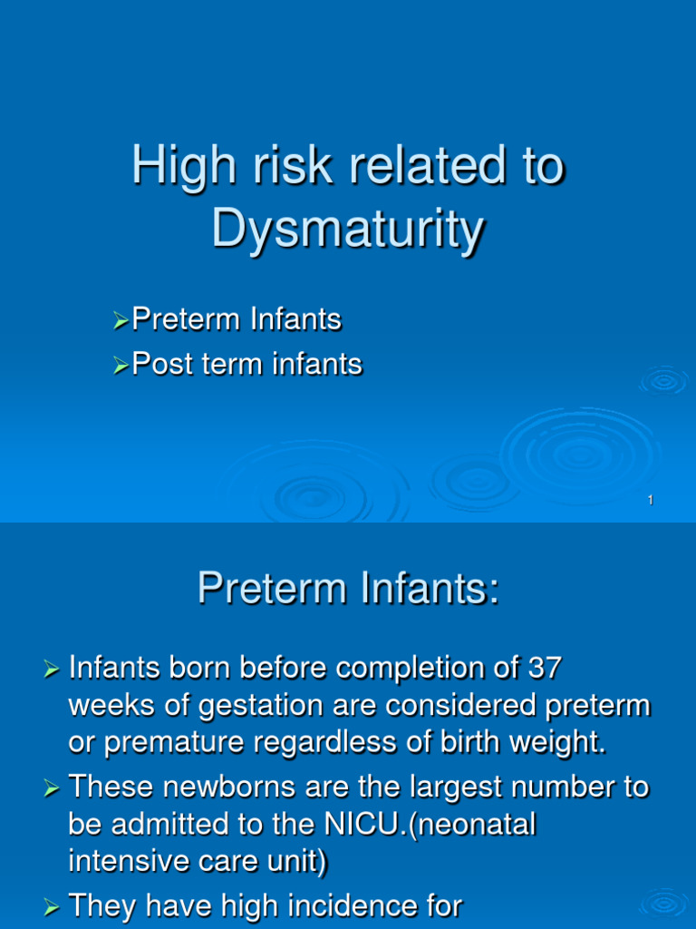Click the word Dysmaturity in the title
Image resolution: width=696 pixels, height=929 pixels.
(347, 230)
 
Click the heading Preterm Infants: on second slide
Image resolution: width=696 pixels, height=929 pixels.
(348, 590)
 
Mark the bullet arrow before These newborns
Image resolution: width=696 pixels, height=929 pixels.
(52, 788)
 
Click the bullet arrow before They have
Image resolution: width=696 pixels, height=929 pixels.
(52, 905)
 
